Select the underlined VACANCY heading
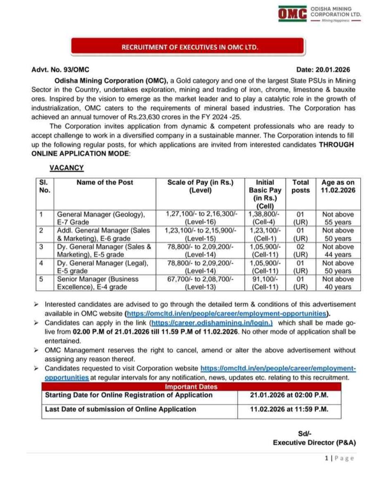[x=67, y=167]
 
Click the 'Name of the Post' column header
[x=105, y=182]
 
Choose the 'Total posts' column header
[x=301, y=186]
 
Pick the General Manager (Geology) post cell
[x=101, y=218]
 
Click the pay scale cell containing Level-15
[x=204, y=234]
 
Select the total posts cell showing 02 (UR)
[x=301, y=251]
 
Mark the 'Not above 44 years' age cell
[x=338, y=251]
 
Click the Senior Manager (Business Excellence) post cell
[x=98, y=283]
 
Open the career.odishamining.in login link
[x=211, y=322]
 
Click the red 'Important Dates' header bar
[x=191, y=387]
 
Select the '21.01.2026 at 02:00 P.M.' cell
[x=289, y=395]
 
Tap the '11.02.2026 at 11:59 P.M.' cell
[x=289, y=409]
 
